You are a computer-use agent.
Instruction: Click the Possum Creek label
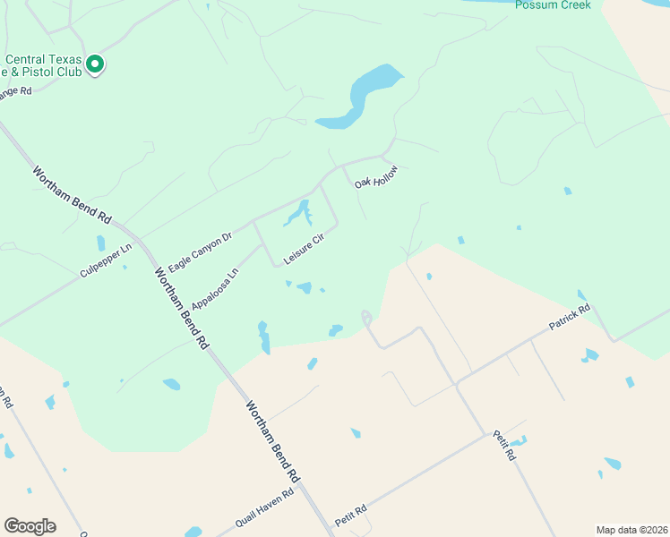click(553, 4)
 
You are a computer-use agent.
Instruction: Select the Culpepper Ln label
click(105, 260)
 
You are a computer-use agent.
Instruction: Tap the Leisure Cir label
click(303, 250)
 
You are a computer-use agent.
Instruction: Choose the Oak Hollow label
click(375, 176)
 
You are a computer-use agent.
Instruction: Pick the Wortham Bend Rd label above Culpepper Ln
click(72, 194)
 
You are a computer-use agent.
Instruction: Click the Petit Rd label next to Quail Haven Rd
click(351, 516)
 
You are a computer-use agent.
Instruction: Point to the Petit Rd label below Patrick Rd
click(504, 445)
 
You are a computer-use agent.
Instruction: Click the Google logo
click(30, 525)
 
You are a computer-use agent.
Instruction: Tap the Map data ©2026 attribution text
click(631, 529)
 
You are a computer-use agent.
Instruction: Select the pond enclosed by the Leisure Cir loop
click(298, 215)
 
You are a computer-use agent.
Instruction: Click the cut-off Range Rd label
click(15, 92)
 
